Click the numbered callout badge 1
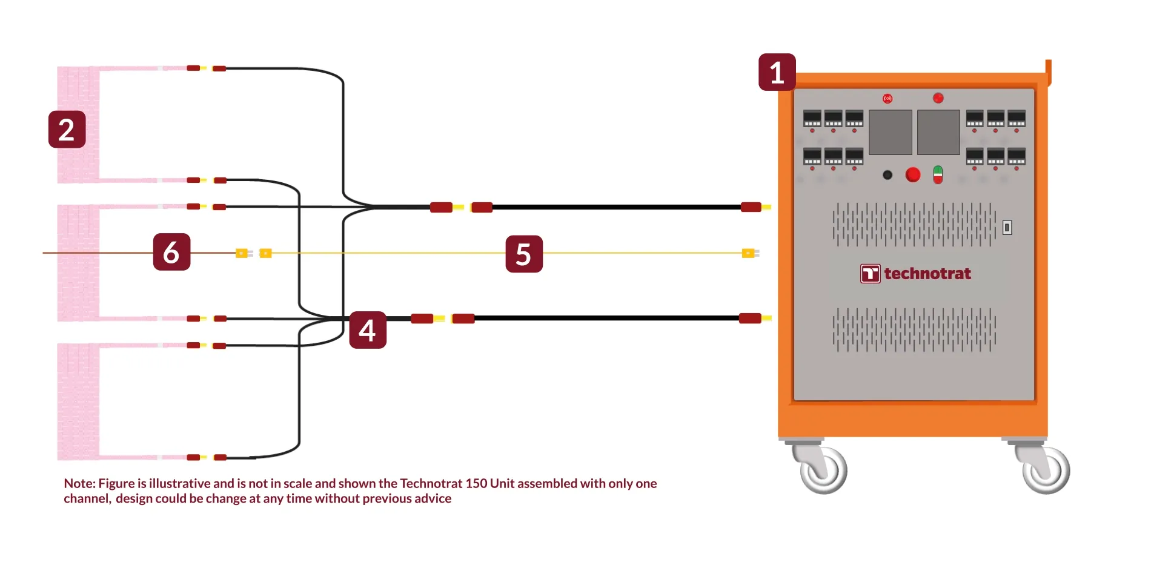777,72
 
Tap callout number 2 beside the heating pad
67,129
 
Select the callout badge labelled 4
368,330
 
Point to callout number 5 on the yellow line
524,254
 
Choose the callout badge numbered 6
171,252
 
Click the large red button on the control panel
913,175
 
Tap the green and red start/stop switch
938,175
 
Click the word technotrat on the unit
927,274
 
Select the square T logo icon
871,274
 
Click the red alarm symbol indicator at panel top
887,98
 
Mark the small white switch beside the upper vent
1007,228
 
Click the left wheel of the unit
821,469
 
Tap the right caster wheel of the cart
1045,469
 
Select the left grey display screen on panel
891,132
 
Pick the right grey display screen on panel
938,132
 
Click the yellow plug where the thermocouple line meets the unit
750,253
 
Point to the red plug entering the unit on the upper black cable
751,207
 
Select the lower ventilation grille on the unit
914,330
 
